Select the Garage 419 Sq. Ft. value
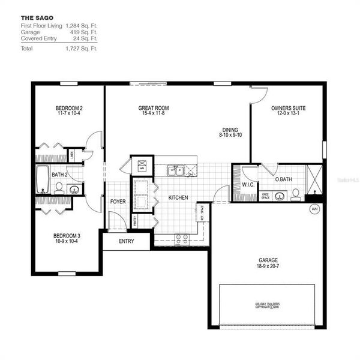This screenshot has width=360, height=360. (84, 32)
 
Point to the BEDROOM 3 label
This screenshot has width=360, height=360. (67, 236)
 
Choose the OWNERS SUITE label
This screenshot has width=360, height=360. (288, 109)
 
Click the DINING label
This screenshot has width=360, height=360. (229, 130)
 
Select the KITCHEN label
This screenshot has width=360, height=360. (178, 197)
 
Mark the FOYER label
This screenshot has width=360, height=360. (118, 202)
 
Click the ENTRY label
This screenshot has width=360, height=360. (127, 241)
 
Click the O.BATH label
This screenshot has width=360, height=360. (283, 179)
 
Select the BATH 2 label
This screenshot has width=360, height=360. (59, 175)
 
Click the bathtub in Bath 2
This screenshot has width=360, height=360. (43, 179)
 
